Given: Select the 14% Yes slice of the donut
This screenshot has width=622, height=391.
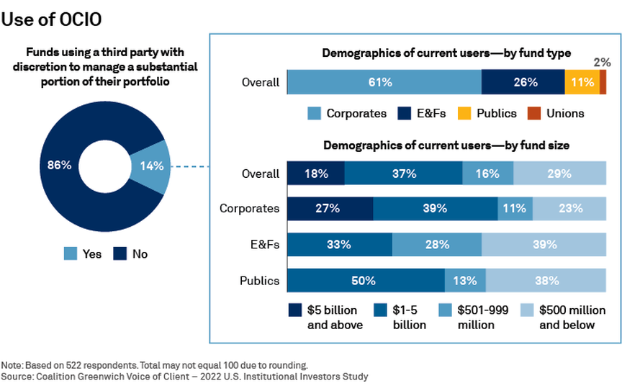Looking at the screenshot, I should click(x=152, y=166).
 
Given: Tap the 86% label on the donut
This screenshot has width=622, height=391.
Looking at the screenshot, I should click(x=60, y=165).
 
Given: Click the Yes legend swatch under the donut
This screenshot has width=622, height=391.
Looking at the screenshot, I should click(x=71, y=253).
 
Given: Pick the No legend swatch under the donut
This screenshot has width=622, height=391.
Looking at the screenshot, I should click(x=120, y=253).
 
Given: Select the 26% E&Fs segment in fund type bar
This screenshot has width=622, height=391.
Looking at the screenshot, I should click(x=523, y=82).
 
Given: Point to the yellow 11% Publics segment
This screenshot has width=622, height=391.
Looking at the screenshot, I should click(x=582, y=82).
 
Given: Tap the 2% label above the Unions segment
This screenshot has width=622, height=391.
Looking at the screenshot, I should click(x=601, y=62).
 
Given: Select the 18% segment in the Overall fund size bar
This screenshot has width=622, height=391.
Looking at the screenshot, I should click(x=315, y=174).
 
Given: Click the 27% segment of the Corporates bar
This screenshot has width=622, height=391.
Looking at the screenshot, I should click(x=330, y=209).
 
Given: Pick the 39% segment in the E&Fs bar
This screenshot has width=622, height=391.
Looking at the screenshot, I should click(x=544, y=244).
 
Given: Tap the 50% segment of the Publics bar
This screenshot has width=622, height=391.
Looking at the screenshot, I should click(x=366, y=279).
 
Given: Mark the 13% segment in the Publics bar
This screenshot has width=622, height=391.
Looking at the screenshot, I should click(x=465, y=279).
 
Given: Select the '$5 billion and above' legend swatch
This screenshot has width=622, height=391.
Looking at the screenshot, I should click(x=295, y=310).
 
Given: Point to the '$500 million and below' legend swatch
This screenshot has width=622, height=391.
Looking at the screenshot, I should click(x=527, y=310).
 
